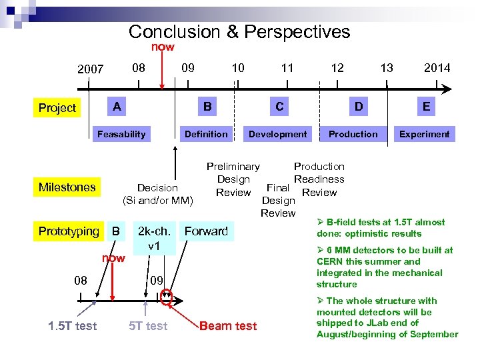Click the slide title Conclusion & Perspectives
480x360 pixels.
point(239,31)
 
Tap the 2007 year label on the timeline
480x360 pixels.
point(91,68)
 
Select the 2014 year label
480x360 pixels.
point(437,67)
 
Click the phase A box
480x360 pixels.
point(117,107)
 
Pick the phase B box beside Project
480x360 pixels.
point(207,107)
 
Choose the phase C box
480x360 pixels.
point(279,107)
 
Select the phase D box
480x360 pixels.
point(359,107)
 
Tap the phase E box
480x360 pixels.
point(425,107)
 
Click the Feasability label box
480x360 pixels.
point(121,134)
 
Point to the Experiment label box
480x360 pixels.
point(424,134)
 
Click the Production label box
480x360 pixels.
point(353,134)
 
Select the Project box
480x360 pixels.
point(57,107)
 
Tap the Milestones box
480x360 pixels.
point(67,187)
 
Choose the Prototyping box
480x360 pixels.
point(68,231)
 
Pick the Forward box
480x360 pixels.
point(206,231)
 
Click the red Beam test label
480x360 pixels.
point(228,326)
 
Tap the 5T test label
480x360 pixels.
point(148,326)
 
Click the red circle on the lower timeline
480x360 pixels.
point(167,297)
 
